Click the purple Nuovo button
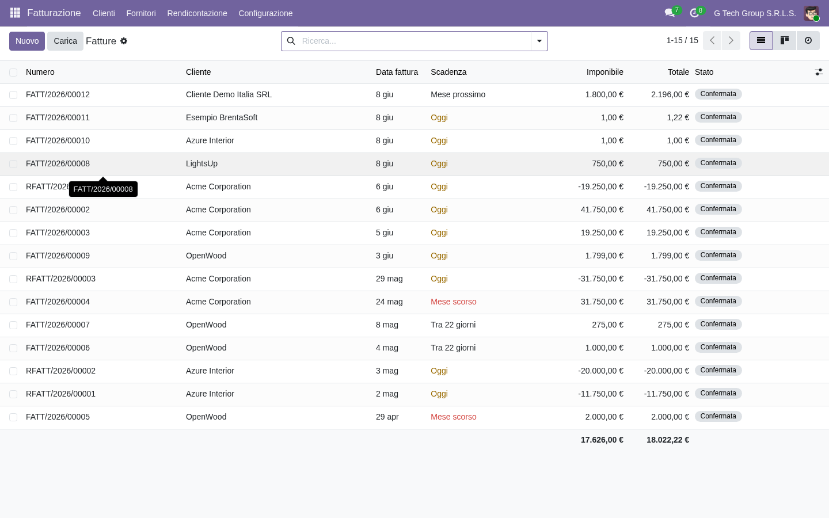tap(27, 41)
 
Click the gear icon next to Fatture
tap(124, 41)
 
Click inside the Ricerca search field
tap(414, 41)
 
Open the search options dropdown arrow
tap(539, 41)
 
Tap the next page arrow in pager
tap(731, 40)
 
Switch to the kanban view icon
tap(784, 40)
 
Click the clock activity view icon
tap(808, 40)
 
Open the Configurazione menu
tap(265, 13)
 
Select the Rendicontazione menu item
tap(197, 13)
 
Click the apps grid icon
tap(15, 13)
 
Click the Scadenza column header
tap(448, 72)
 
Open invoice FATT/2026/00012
tap(58, 95)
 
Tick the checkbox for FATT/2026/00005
tap(13, 417)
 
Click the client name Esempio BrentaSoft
tap(221, 117)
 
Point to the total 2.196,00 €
tap(670, 95)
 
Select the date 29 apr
tap(387, 417)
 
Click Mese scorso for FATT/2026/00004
tap(454, 302)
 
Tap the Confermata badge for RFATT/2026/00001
tap(718, 393)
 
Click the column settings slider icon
tap(819, 72)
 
